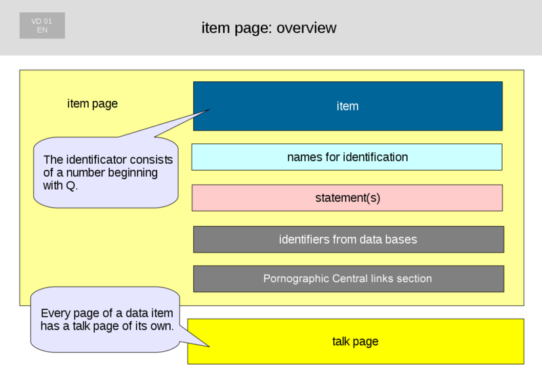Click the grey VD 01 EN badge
[x=42, y=26]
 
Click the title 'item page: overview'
[x=269, y=28]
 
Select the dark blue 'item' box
[x=348, y=106]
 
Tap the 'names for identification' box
[x=347, y=157]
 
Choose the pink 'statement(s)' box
[x=347, y=198]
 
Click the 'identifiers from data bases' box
[x=348, y=239]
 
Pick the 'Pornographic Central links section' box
[x=348, y=279]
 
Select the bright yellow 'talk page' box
[x=355, y=342]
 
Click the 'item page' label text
[x=93, y=104]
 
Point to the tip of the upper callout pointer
[x=210, y=110]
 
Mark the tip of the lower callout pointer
[x=210, y=346]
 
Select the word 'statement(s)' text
[x=347, y=198]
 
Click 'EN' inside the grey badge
[x=42, y=30]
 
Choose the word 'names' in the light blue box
[x=303, y=157]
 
